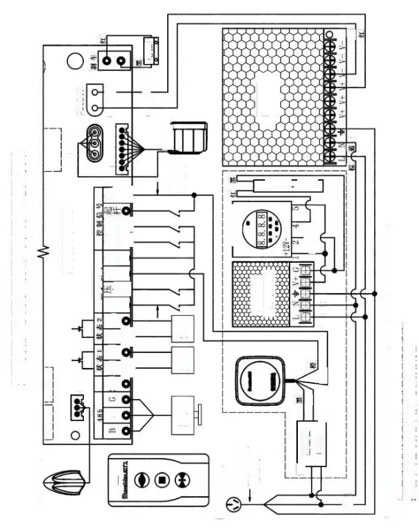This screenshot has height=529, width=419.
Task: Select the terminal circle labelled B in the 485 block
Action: point(127,431)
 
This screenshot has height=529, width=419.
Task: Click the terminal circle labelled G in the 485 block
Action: point(127,398)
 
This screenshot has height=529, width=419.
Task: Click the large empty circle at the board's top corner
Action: point(75,63)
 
